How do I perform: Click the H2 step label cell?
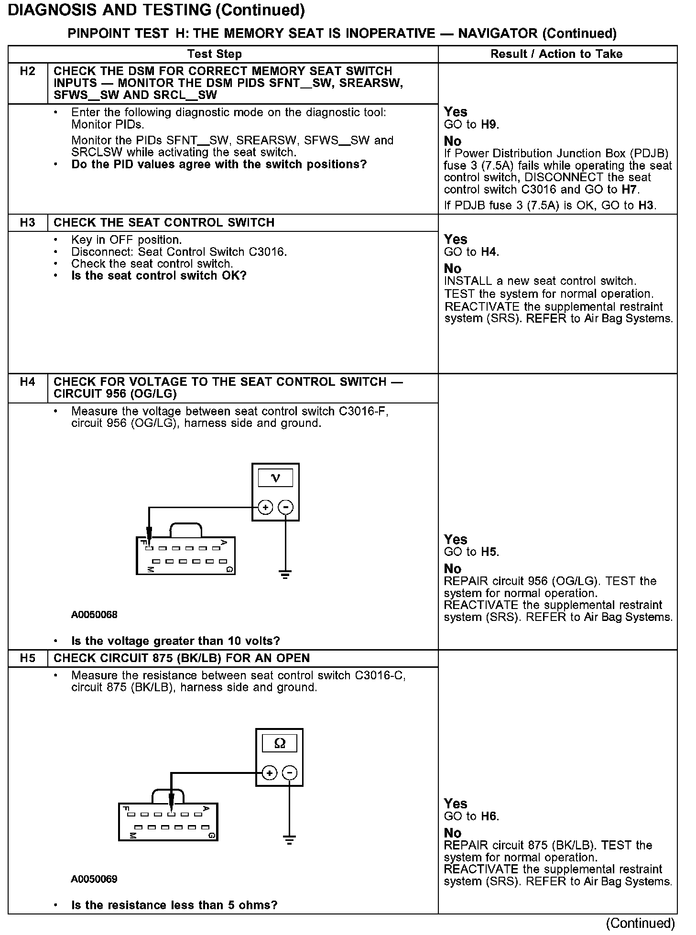(28, 72)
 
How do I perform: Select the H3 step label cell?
(28, 223)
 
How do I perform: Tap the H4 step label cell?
(28, 382)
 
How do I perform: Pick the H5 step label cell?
(28, 658)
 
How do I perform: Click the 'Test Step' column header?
(215, 54)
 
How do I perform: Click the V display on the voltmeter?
(275, 478)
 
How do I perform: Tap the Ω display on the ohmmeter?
(280, 743)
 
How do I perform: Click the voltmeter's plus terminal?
(265, 507)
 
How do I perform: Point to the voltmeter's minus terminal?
(285, 507)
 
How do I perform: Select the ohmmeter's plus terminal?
(269, 773)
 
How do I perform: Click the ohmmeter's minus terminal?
(289, 773)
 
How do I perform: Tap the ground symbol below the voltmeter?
(285, 574)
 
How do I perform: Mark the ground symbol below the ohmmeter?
(289, 840)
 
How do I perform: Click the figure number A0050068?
(94, 615)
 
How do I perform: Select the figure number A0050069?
(94, 880)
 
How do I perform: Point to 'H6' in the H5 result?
(489, 816)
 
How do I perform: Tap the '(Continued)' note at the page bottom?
(641, 923)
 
